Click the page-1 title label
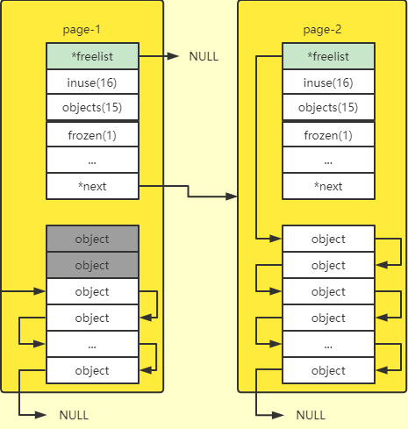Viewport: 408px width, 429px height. pos(82,30)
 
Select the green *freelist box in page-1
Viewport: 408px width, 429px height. pos(92,56)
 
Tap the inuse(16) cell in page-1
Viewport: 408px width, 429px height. pos(92,82)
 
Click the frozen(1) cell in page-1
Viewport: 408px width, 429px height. pos(92,135)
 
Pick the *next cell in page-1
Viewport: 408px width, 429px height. pos(92,186)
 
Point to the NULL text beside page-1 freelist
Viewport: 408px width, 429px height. pos(204,57)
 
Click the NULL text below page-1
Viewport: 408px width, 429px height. pos(75,414)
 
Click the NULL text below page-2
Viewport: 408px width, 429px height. pos(311,414)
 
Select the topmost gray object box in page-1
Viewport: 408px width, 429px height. pos(92,239)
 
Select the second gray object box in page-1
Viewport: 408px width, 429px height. pos(92,265)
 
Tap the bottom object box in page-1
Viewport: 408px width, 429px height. pos(92,370)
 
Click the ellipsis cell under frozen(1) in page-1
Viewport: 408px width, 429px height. pos(92,161)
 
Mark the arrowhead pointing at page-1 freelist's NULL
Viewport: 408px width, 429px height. pos(175,57)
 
